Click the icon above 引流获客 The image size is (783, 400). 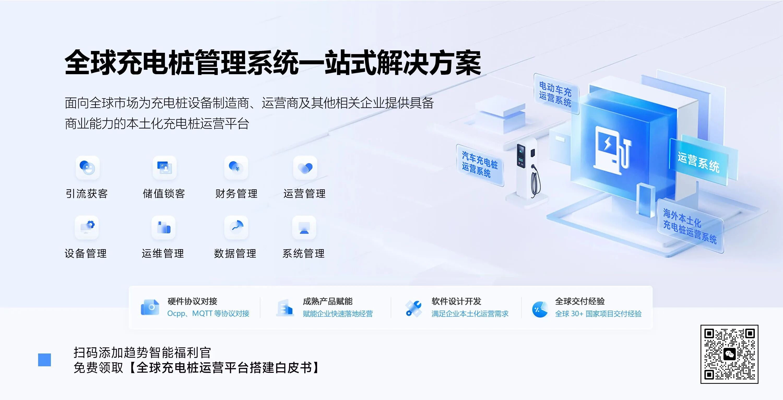pos(87,168)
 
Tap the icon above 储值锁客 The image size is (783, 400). pos(164,168)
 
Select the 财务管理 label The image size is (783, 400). pos(236,193)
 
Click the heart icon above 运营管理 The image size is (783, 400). pos(305,168)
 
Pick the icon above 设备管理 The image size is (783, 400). pos(87,228)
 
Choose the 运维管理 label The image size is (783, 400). pos(163,253)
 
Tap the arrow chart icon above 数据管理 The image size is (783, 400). pos(236,228)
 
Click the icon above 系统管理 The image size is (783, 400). pos(304,228)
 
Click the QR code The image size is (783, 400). pos(729,354)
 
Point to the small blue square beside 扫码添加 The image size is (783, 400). pos(44,360)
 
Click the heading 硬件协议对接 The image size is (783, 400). pos(192,302)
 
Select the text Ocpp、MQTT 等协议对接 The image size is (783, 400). pos(208,314)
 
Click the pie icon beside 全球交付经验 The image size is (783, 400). pos(540,309)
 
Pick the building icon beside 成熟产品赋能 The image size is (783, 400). pos(285,308)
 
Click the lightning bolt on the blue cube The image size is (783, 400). pos(607,143)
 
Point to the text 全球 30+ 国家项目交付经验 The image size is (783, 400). pos(598,314)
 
